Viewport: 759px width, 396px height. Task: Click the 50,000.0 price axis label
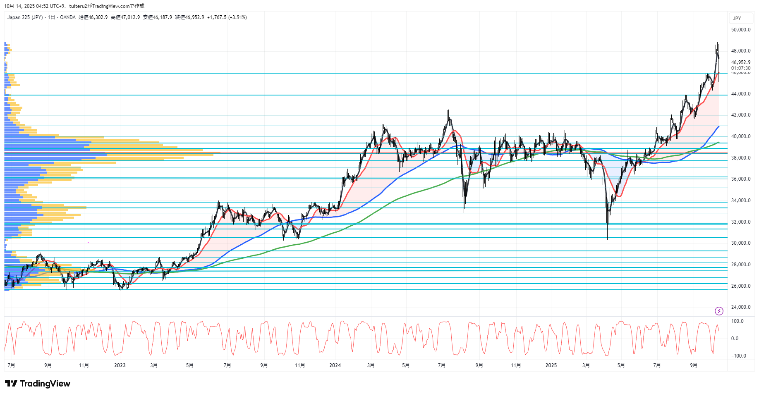740,30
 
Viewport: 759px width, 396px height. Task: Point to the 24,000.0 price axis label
740,307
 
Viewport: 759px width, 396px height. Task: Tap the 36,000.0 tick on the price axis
740,179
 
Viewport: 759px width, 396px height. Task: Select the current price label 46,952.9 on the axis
740,62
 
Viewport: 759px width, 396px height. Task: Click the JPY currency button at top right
737,19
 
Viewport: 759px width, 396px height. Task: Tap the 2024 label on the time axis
335,365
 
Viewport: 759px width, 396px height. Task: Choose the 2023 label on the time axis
120,365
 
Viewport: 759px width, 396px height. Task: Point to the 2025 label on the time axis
551,365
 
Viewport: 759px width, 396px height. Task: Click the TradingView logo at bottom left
38,384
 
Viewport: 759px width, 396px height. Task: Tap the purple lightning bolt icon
719,311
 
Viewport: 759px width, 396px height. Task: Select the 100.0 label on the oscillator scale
737,321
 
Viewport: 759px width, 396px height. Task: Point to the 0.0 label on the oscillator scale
735,339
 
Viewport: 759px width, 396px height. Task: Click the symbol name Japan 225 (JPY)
25,17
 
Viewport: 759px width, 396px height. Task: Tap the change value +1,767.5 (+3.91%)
227,17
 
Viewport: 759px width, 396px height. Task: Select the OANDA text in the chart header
68,17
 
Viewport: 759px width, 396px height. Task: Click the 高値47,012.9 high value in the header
125,17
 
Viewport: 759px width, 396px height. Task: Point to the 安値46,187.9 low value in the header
158,17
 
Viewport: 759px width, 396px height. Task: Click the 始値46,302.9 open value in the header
93,17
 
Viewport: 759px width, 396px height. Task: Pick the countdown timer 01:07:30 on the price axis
740,68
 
